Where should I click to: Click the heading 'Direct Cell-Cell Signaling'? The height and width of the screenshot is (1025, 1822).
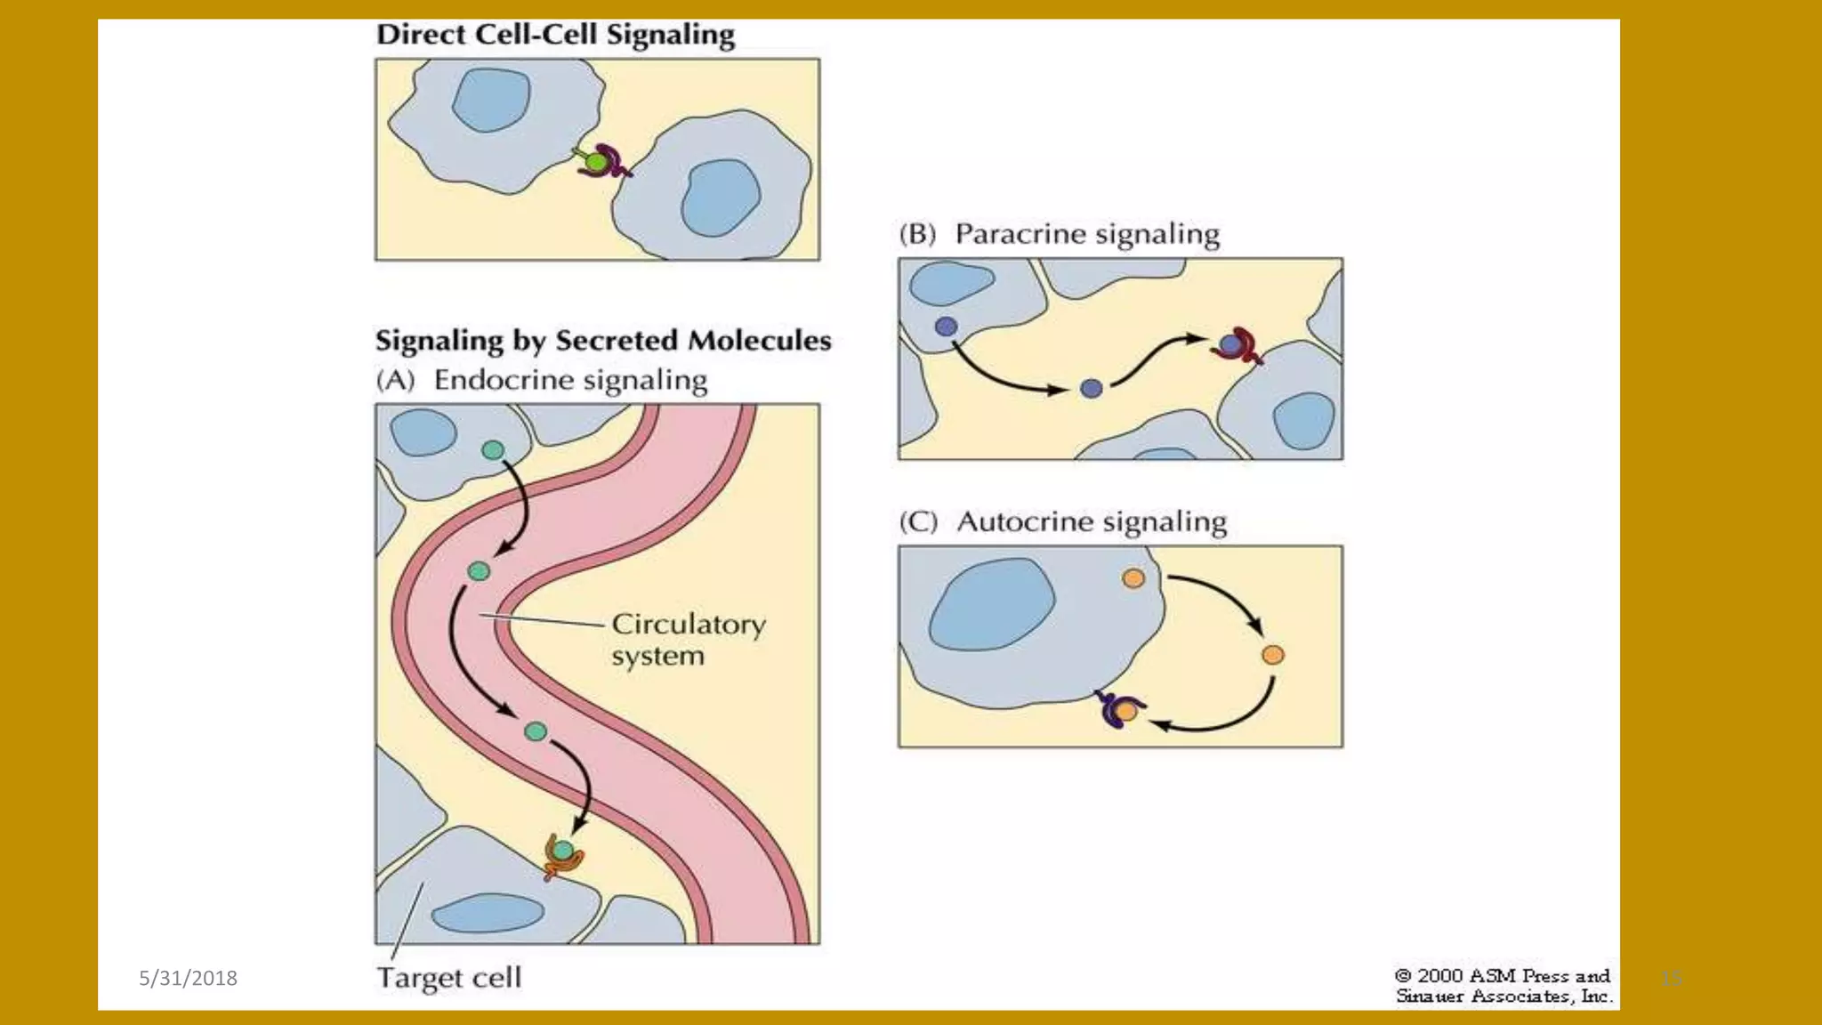pyautogui.click(x=555, y=35)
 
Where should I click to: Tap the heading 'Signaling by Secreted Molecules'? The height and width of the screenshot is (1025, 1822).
pyautogui.click(x=602, y=341)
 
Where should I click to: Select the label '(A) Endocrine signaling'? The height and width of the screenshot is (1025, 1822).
pyautogui.click(x=541, y=380)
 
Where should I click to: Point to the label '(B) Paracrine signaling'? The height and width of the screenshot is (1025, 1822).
pyautogui.click(x=1059, y=234)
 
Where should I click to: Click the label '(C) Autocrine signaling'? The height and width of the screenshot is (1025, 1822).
pyautogui.click(x=1062, y=521)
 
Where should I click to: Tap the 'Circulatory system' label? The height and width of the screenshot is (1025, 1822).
pyautogui.click(x=688, y=640)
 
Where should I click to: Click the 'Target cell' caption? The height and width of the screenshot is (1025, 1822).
pyautogui.click(x=449, y=977)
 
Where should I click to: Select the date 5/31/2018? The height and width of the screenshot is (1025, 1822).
pyautogui.click(x=188, y=978)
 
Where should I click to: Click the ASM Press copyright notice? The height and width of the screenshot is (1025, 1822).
pyautogui.click(x=1503, y=986)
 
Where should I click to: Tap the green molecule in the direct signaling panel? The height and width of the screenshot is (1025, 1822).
pyautogui.click(x=594, y=163)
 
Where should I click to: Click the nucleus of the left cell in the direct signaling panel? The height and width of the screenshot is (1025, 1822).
pyautogui.click(x=491, y=99)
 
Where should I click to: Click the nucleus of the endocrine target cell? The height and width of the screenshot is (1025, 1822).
pyautogui.click(x=488, y=913)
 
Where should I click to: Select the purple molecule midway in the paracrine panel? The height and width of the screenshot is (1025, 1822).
pyautogui.click(x=1092, y=388)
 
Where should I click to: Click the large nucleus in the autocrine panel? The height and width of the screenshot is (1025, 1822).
pyautogui.click(x=991, y=604)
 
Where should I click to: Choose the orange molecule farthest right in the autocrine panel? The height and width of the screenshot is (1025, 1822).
pyautogui.click(x=1273, y=655)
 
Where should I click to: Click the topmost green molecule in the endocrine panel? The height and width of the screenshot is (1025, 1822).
pyautogui.click(x=493, y=450)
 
